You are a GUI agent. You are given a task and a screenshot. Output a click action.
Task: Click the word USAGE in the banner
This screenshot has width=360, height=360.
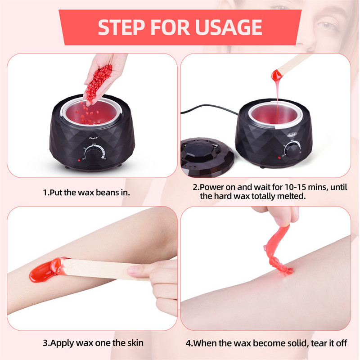pos(229,27)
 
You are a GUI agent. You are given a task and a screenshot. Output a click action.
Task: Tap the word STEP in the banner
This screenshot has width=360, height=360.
pos(121,27)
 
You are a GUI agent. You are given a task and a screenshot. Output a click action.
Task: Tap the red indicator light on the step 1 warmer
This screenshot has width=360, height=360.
pos(79,160)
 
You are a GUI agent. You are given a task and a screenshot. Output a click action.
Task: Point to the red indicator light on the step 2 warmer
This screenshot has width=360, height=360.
pos(279,157)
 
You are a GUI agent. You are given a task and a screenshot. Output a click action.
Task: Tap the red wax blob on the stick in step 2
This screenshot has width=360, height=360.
pos(276,75)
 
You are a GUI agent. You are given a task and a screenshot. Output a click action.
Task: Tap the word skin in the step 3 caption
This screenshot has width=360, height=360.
pos(135,343)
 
